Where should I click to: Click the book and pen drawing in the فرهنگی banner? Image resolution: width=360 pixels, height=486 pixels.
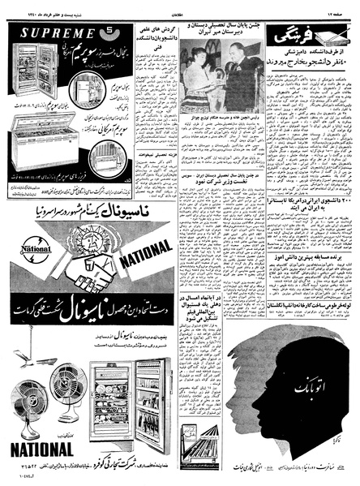332,34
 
